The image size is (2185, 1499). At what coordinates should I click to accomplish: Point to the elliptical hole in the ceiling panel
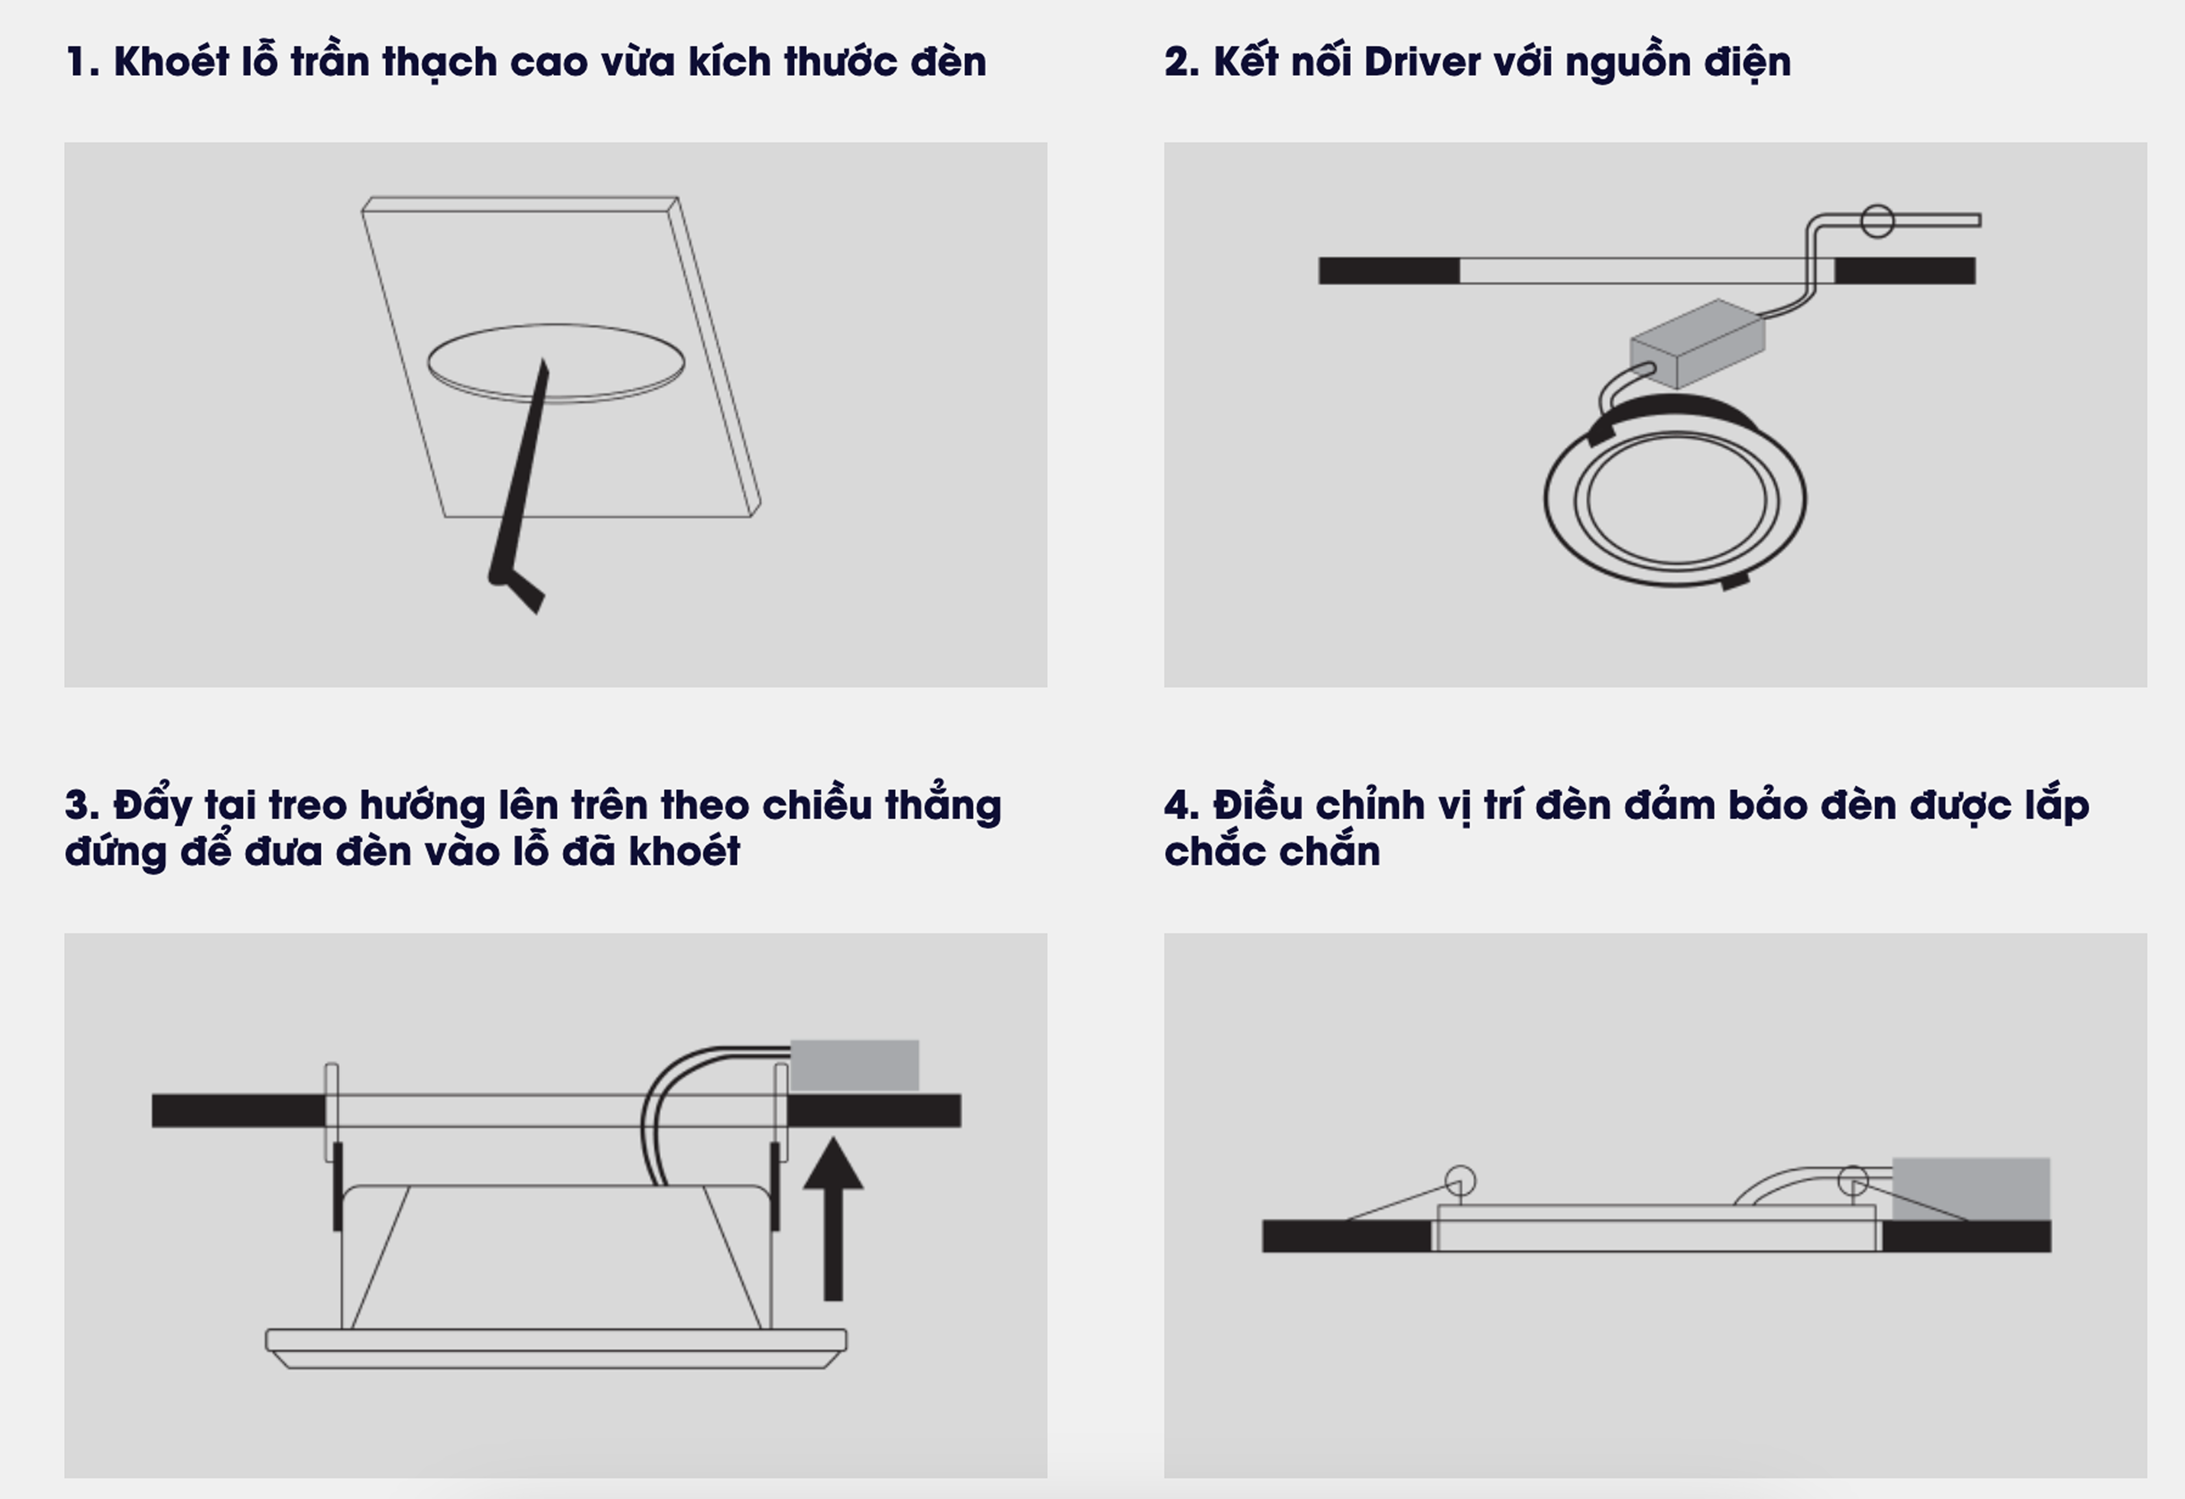click(556, 363)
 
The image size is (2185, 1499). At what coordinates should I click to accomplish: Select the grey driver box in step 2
click(1697, 343)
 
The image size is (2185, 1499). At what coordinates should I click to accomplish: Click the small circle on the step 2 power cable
click(1878, 221)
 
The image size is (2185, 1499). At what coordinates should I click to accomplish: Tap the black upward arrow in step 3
click(833, 1219)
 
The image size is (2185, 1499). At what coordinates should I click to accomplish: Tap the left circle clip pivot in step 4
click(1460, 1181)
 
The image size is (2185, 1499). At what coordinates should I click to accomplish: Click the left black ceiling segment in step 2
click(1389, 271)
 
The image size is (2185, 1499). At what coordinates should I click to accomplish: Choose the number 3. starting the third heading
click(82, 805)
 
